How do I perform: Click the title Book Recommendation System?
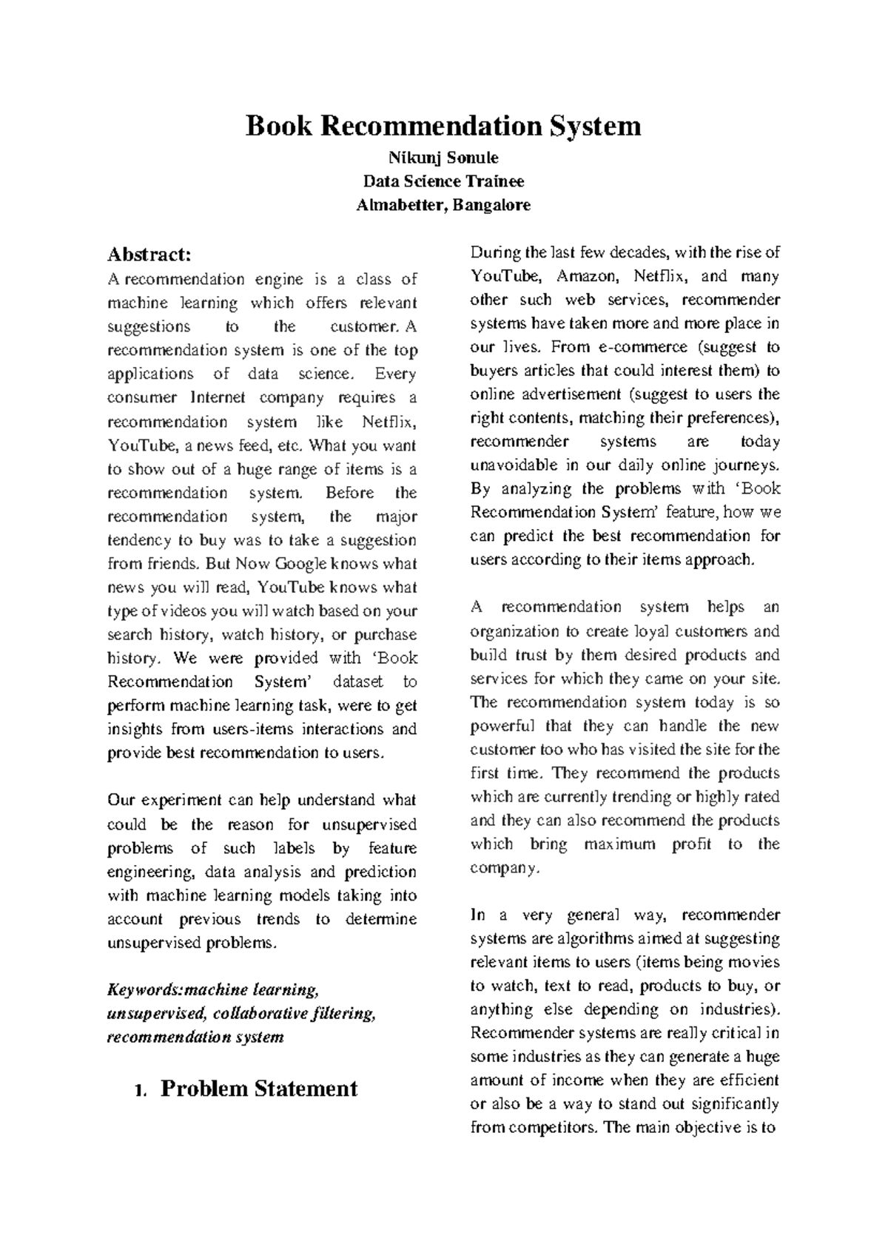[443, 126]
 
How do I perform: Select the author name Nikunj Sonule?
[443, 158]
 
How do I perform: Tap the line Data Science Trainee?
[443, 181]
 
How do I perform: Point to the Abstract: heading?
[149, 255]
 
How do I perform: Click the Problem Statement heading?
[259, 1089]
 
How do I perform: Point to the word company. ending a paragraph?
[505, 868]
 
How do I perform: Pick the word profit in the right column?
[692, 844]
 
